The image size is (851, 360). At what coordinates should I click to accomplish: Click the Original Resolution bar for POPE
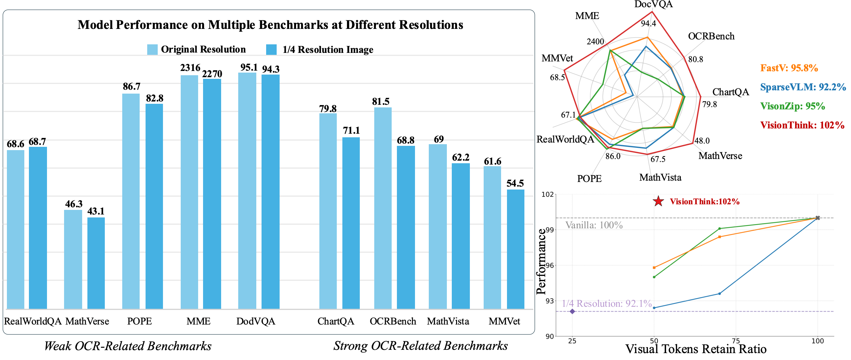click(131, 201)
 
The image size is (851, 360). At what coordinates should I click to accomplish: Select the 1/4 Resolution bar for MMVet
click(515, 249)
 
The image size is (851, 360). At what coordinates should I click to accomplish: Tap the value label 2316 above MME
click(190, 68)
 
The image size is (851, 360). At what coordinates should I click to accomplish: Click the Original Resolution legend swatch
click(152, 50)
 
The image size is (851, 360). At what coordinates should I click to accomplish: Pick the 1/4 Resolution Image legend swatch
click(271, 50)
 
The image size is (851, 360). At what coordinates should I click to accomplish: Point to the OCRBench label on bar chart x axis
click(393, 321)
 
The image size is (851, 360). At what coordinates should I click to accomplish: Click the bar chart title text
click(270, 25)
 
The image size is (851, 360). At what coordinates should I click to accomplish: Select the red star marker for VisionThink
click(658, 201)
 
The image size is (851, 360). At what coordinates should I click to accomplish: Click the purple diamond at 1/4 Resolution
click(572, 311)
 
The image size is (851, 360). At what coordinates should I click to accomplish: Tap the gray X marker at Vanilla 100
click(817, 218)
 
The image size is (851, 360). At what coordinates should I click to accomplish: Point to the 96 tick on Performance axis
click(549, 265)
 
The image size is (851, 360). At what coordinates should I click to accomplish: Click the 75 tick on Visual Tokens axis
click(736, 341)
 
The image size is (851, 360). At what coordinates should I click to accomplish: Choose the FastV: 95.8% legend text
click(789, 68)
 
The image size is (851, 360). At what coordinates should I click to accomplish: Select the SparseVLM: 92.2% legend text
click(803, 87)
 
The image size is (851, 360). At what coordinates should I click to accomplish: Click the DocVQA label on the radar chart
click(654, 4)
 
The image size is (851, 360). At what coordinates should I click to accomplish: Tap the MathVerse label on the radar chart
click(720, 156)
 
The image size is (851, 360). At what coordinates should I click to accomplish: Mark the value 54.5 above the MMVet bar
click(515, 183)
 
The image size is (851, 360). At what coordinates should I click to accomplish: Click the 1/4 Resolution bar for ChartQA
click(351, 223)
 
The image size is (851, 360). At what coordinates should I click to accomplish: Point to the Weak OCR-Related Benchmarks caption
click(128, 346)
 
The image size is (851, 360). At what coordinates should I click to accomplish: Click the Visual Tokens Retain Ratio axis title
click(696, 349)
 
